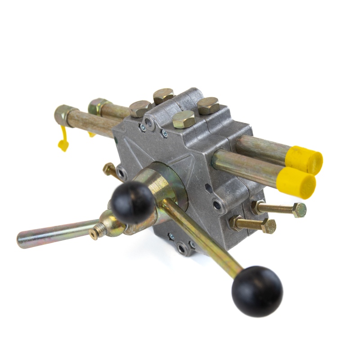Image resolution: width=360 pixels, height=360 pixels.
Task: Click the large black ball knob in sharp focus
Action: [x=257, y=291]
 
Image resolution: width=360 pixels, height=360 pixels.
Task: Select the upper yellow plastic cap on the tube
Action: [x=305, y=160]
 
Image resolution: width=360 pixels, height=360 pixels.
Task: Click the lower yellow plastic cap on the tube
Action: [x=297, y=182]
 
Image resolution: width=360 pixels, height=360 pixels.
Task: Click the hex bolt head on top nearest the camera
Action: [x=184, y=119]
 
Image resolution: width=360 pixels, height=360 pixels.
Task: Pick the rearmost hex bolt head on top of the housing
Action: [x=163, y=95]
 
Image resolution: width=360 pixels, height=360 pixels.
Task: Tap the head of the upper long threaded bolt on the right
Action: [x=299, y=210]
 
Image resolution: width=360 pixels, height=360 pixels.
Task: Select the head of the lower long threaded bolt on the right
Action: [x=269, y=226]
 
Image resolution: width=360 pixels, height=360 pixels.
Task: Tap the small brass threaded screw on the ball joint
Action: [x=95, y=233]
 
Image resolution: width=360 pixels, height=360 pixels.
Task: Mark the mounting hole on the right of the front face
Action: [x=217, y=205]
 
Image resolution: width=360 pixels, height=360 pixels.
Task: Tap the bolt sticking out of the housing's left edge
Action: [x=109, y=169]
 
